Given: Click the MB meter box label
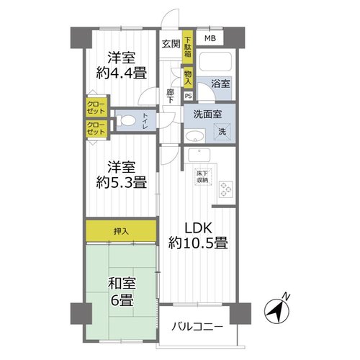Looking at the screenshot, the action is (210, 38).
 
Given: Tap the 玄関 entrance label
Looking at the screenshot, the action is (171, 44).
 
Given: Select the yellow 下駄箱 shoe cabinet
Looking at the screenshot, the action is (188, 47).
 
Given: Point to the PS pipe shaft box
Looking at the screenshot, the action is (189, 96).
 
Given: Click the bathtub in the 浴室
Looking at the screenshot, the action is (215, 61).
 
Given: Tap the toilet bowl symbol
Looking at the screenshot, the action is (125, 120).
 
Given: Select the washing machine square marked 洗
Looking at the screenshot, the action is (222, 132).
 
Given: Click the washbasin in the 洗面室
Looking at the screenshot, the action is (195, 137).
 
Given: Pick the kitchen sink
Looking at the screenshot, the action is (199, 155).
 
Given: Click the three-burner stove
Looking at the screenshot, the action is (226, 189).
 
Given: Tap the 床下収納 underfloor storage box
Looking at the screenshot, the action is (202, 176).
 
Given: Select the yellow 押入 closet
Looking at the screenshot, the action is (121, 231).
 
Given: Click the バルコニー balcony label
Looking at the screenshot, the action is (197, 327).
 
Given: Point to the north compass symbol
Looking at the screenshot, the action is (276, 311).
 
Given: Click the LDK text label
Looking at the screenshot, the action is (198, 228).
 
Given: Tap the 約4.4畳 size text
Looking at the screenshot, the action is (122, 73).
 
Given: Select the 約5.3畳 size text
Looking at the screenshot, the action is (122, 183).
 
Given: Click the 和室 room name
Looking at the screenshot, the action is (122, 284).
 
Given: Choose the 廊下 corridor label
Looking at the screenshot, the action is (171, 96).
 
